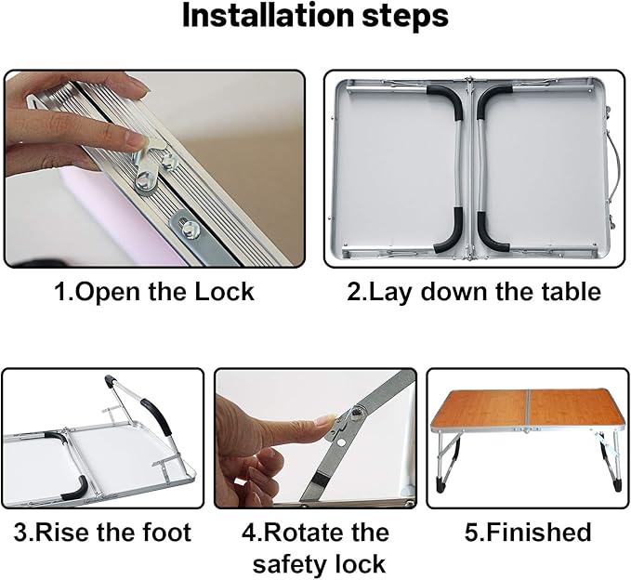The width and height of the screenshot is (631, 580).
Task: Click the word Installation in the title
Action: (266, 16)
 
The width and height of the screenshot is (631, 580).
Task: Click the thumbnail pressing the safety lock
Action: (325, 420)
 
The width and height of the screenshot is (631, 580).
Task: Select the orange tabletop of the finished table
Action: (527, 408)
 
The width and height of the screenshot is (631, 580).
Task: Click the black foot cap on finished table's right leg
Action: (618, 485)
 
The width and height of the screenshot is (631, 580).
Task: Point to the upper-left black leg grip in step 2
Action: (449, 101)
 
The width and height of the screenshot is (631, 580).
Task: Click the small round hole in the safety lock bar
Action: (342, 442)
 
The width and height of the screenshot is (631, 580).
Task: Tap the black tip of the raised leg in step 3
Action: (109, 380)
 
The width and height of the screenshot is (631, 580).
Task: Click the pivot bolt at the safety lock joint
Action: (356, 412)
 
